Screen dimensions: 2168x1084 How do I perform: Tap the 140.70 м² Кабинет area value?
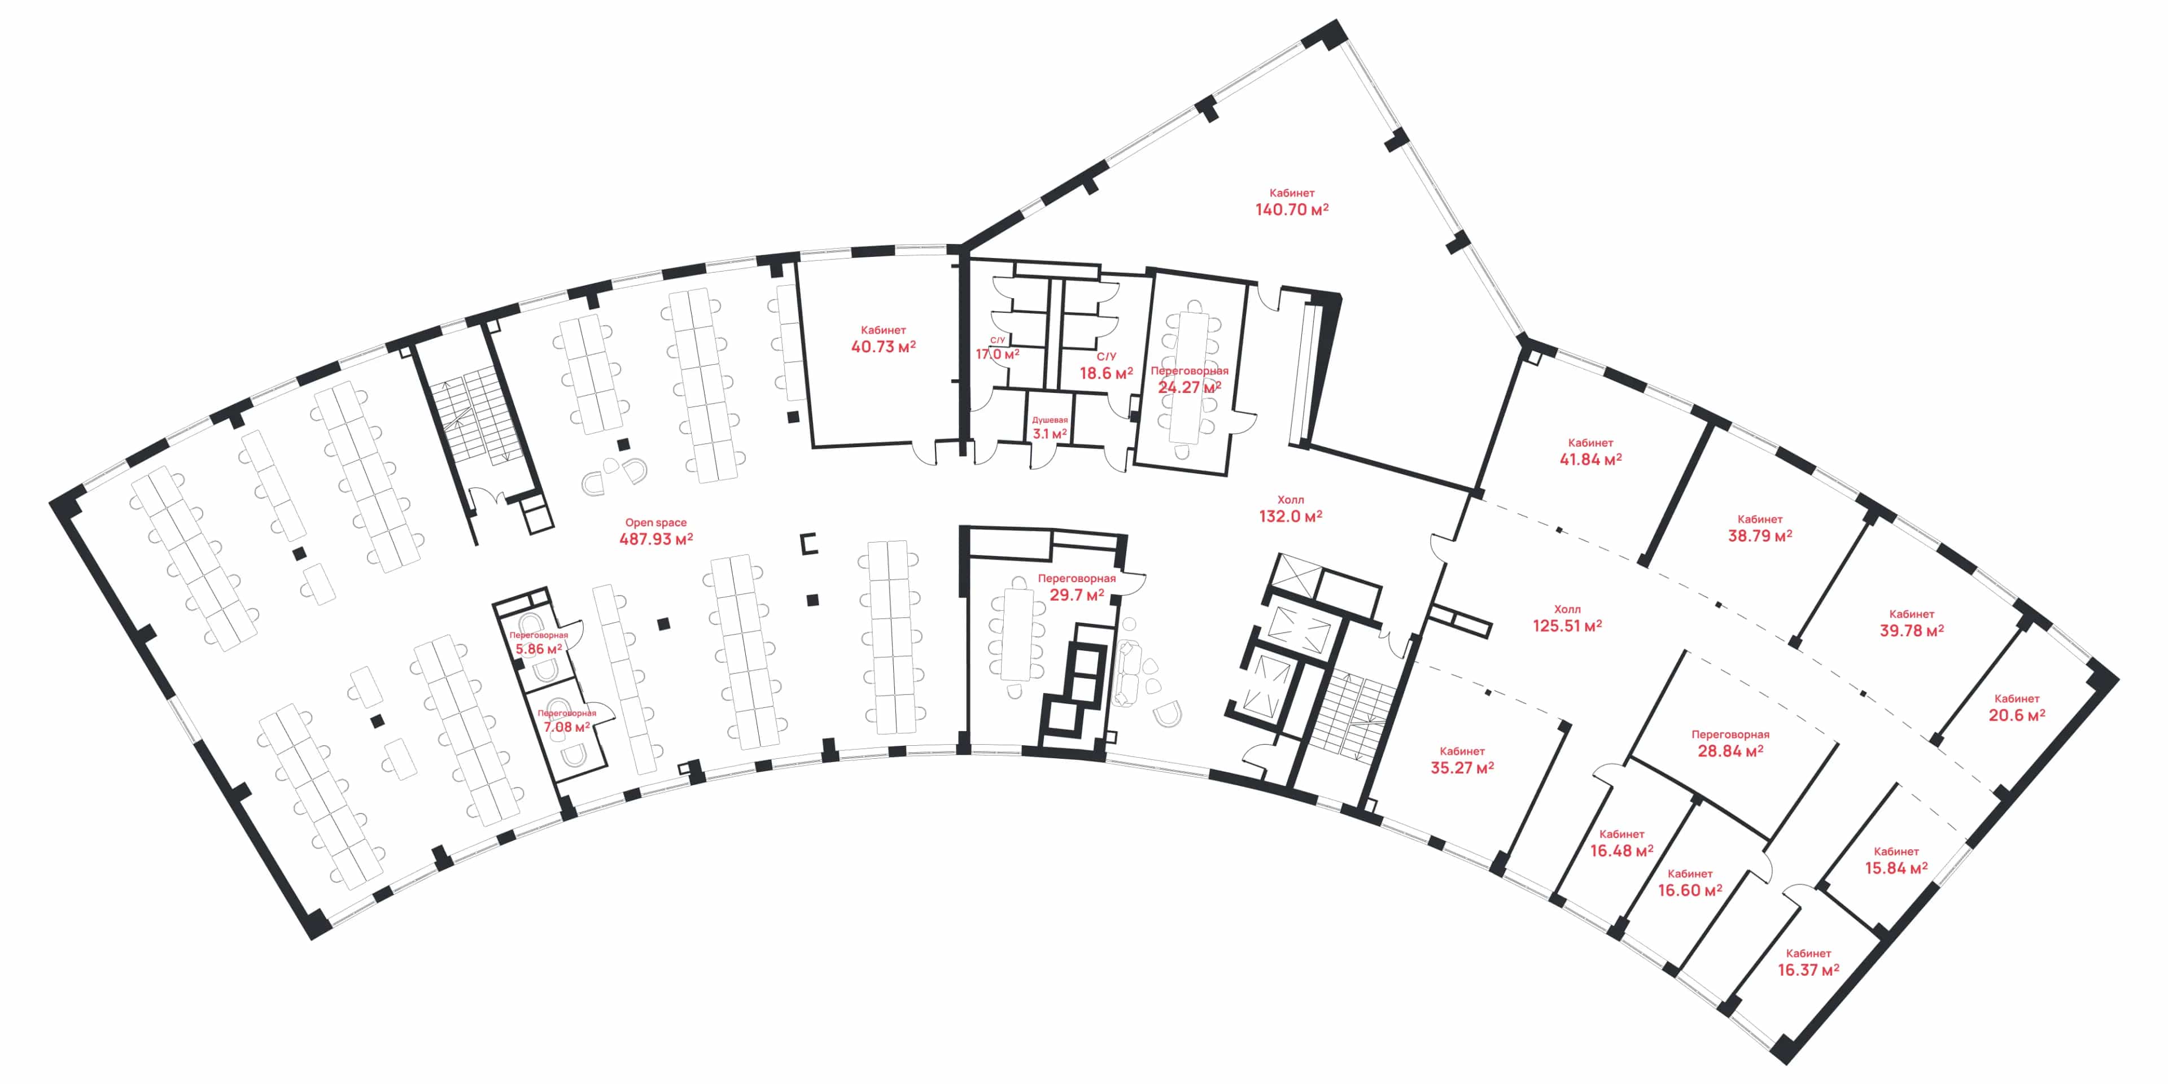pyautogui.click(x=1292, y=209)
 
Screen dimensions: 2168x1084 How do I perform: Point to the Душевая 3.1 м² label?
pyautogui.click(x=1050, y=427)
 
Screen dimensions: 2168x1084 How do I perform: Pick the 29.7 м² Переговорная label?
pyautogui.click(x=1077, y=587)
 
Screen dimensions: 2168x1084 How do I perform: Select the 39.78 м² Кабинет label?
pyautogui.click(x=1911, y=623)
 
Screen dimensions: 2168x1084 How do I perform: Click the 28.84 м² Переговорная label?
pyautogui.click(x=1730, y=743)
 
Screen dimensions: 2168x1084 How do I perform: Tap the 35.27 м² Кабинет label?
pyautogui.click(x=1462, y=760)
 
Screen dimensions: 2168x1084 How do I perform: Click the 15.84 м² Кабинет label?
pyautogui.click(x=1896, y=860)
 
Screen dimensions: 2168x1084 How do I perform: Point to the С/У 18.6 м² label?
pyautogui.click(x=1106, y=366)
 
